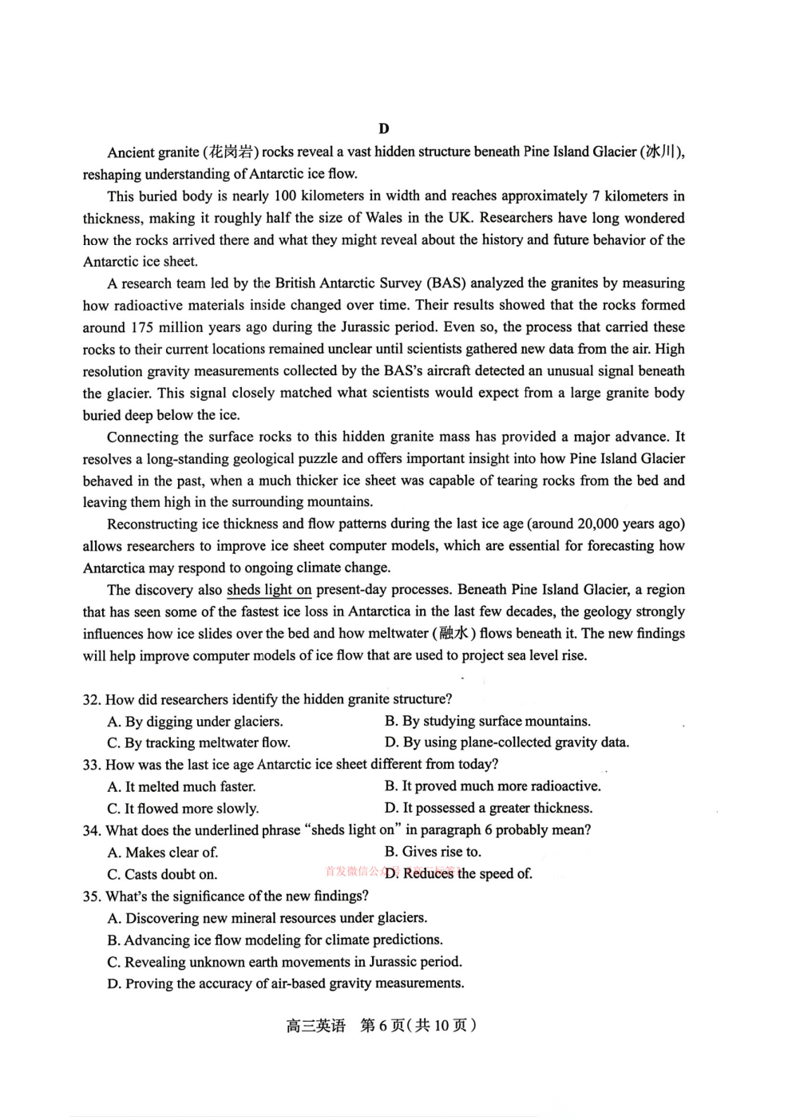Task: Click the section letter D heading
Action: (384, 129)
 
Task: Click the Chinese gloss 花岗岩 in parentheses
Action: (232, 152)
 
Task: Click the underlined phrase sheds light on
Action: (269, 590)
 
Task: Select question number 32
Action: (91, 700)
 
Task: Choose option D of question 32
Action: (507, 742)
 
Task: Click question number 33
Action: (91, 765)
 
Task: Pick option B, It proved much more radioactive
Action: (493, 786)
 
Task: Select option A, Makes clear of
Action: (163, 853)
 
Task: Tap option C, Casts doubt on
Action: (162, 875)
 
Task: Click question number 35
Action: (91, 896)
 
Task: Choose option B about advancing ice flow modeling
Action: (275, 940)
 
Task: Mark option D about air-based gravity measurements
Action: (286, 984)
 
